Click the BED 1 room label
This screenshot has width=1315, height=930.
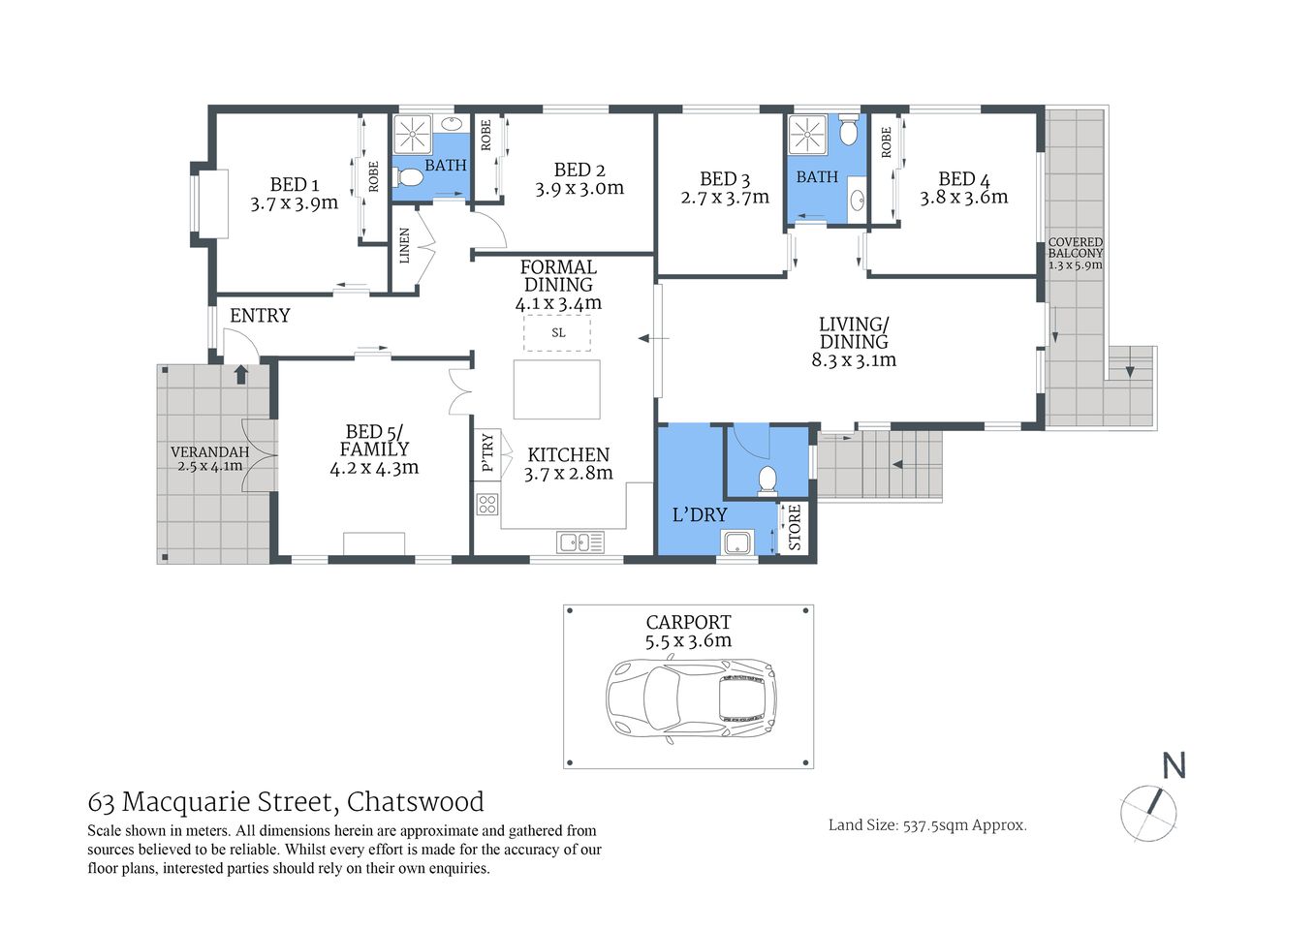point(294,184)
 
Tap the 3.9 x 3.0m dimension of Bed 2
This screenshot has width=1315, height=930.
point(579,189)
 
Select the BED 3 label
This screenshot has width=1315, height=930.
point(725,179)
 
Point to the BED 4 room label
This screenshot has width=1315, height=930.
point(963,179)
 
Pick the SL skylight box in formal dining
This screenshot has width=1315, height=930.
point(557,333)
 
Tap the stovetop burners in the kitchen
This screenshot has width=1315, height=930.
point(486,504)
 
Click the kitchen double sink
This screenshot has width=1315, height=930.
point(579,542)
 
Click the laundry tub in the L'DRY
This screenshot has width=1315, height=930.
point(737,543)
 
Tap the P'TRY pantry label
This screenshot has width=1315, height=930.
point(487,452)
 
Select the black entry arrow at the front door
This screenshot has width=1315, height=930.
point(240,374)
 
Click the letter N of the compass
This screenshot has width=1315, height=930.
point(1174,765)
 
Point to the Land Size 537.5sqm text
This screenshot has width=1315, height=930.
point(926,825)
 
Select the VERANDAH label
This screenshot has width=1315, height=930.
point(209,452)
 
